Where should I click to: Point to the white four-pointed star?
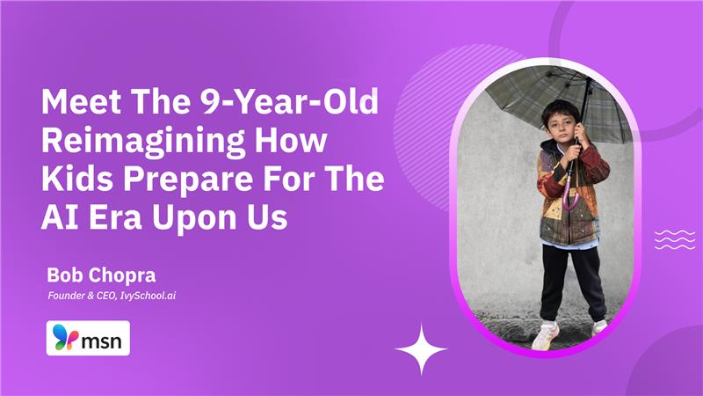point(421,349)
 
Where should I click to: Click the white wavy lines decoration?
point(675,238)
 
